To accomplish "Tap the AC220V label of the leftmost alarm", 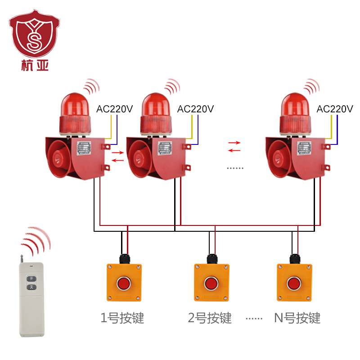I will (115, 109).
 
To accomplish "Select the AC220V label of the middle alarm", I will (195, 109).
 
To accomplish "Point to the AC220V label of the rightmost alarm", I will (335, 109).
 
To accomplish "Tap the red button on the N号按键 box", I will (293, 284).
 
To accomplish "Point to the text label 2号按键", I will (210, 318).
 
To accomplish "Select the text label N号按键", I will (297, 318).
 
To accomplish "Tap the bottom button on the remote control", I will (31, 287).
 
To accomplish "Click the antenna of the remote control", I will (21, 258).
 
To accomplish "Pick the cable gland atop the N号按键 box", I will (294, 259).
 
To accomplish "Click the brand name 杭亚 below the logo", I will (35, 66).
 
